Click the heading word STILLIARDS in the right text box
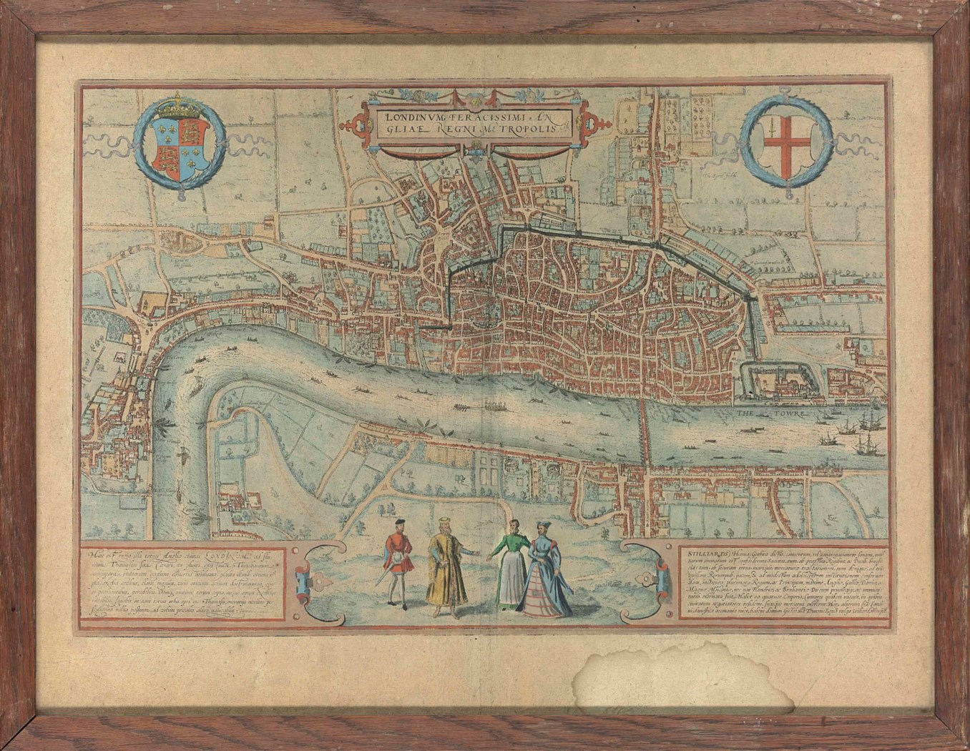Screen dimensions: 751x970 pos(700,551)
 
